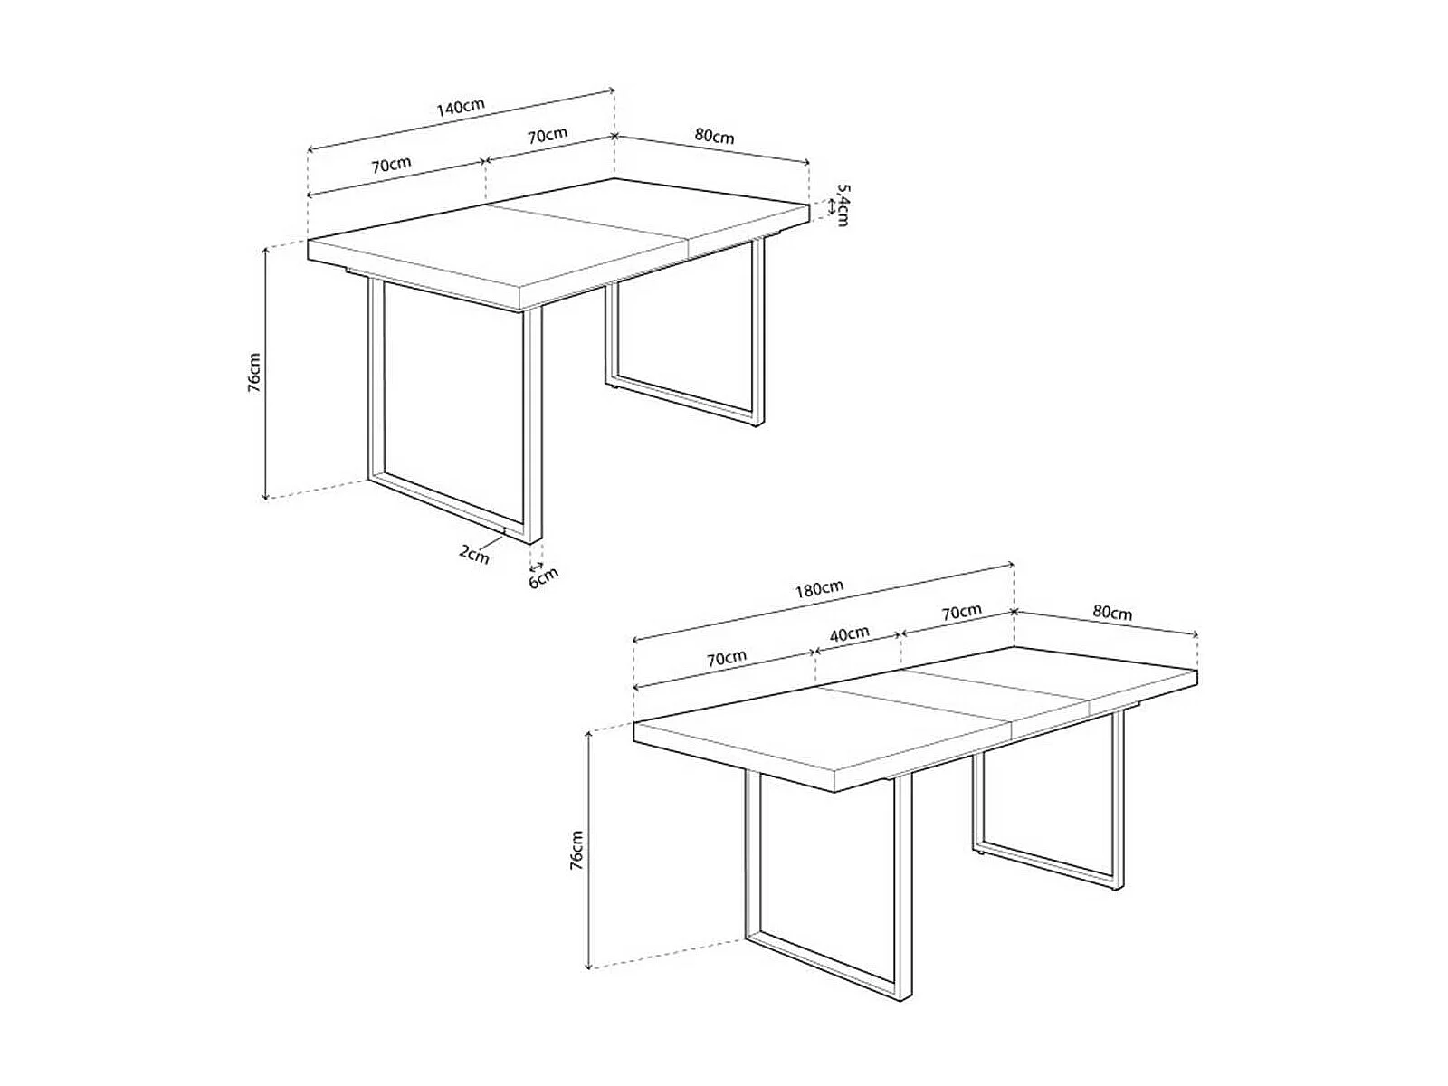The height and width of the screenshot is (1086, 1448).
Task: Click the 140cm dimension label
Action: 461,108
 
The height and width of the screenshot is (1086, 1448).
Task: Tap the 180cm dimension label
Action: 819,588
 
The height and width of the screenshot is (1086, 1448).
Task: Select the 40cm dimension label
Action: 849,633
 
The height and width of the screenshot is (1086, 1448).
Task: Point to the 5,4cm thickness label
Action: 841,205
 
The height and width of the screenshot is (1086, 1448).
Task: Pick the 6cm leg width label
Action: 543,578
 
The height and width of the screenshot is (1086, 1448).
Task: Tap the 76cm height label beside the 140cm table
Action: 254,373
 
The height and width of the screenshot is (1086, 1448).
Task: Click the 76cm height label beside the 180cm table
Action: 576,851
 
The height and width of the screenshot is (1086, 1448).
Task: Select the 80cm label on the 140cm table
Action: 714,136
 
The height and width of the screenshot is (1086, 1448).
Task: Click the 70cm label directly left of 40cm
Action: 727,657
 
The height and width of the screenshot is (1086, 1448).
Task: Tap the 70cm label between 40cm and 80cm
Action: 961,612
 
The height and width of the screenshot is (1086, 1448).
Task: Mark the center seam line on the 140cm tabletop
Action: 587,231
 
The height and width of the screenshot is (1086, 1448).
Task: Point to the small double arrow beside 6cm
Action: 536,565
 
